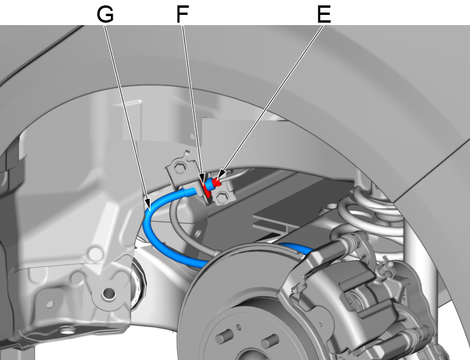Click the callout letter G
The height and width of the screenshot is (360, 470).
point(105,14)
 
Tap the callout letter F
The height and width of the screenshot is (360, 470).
point(183,14)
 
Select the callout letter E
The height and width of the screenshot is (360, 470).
point(323,14)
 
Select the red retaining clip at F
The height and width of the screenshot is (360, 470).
point(208,190)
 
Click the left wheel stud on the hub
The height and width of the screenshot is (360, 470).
point(221,338)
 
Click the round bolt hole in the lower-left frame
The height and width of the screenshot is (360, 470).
point(108,293)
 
